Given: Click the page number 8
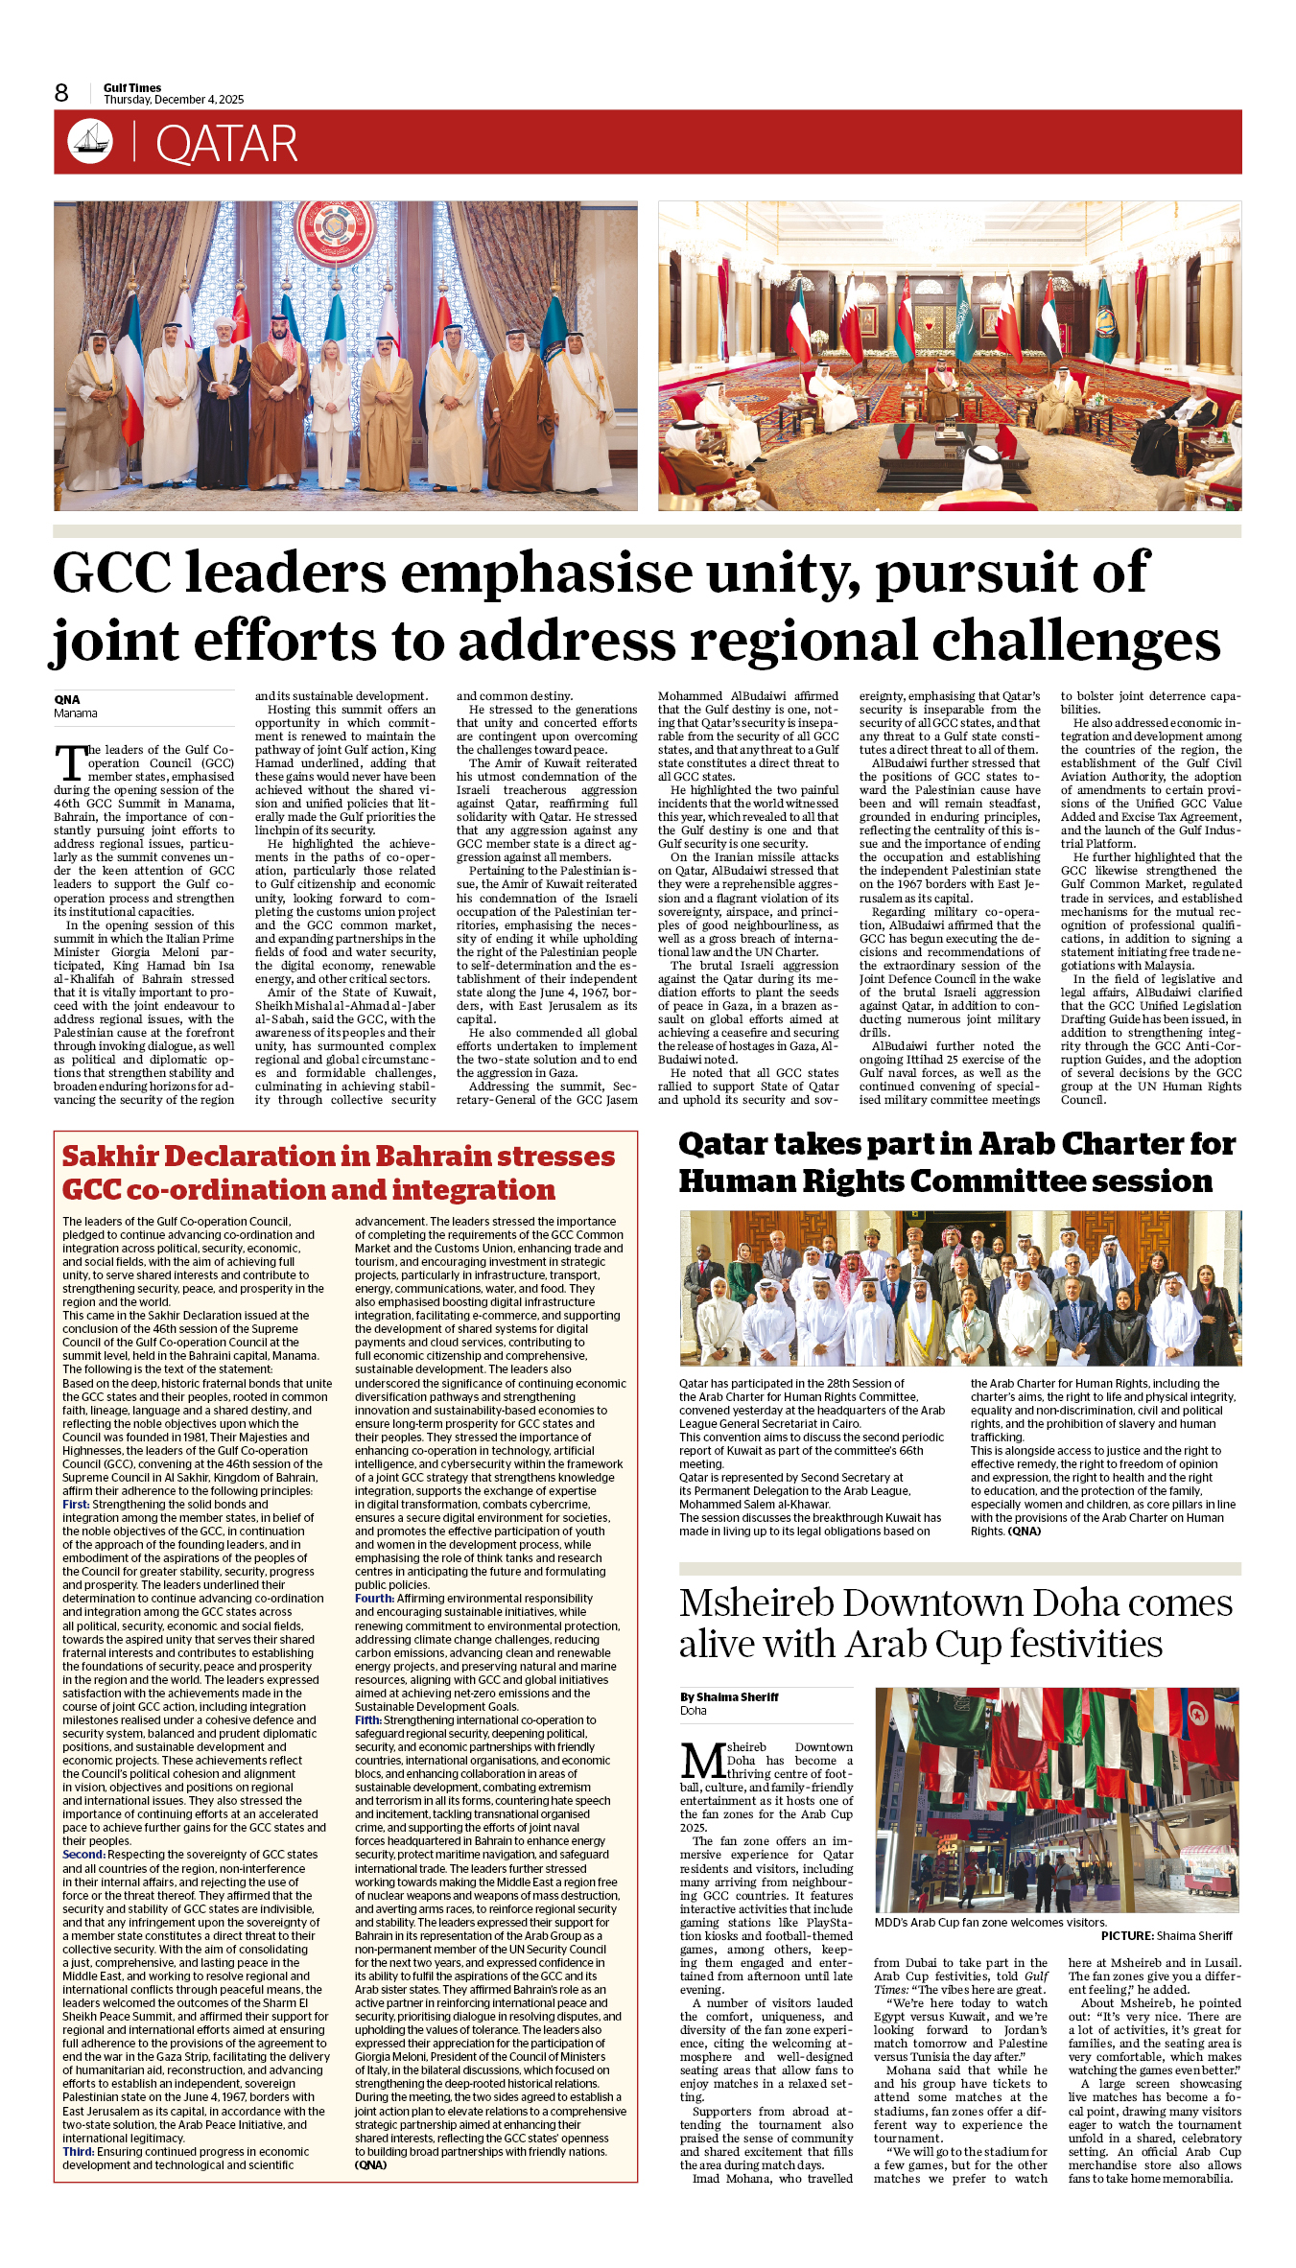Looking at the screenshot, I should (x=61, y=93).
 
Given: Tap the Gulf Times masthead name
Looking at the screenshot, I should (x=132, y=87).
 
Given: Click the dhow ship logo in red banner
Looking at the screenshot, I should (x=90, y=142).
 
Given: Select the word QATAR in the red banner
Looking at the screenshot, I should (x=226, y=145).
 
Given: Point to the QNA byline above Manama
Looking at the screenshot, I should (x=67, y=699).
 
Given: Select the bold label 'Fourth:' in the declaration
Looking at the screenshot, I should (x=374, y=1599).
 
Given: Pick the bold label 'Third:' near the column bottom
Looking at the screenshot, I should (x=79, y=2152).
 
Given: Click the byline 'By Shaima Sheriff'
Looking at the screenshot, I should (x=729, y=1697).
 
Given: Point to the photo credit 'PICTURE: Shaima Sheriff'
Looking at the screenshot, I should (x=1166, y=1936).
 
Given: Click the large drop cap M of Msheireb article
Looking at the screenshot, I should (x=703, y=1762).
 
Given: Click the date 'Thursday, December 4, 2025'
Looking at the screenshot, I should (x=174, y=100).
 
